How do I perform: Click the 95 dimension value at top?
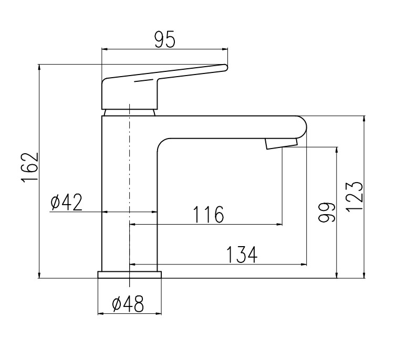click(164, 40)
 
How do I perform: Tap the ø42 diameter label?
click(66, 203)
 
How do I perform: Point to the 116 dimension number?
click(209, 215)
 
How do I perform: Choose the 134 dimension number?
click(242, 255)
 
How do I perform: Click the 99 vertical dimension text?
click(326, 213)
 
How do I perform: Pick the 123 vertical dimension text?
click(354, 197)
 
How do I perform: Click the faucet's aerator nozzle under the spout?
click(281, 143)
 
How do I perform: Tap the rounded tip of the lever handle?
click(225, 68)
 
